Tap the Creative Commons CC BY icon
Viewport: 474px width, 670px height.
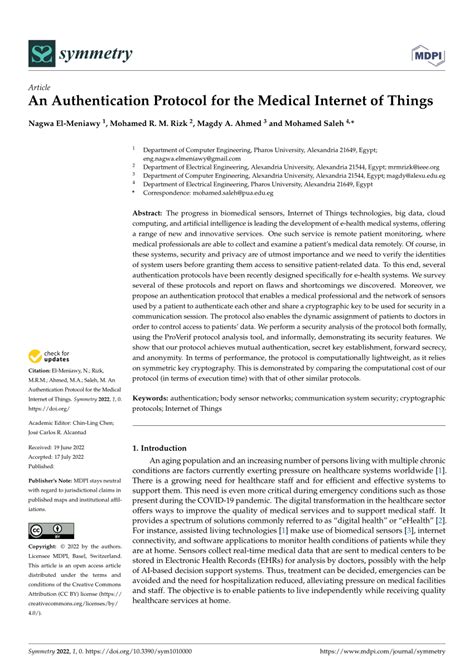[x=48, y=530]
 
